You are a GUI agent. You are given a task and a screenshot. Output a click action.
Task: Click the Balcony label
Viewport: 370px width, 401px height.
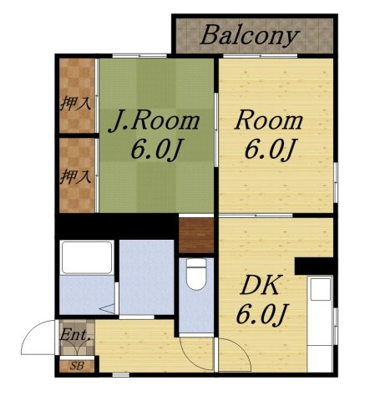coord(250,36)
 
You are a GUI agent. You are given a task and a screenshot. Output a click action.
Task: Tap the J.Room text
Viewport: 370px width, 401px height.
coord(154,121)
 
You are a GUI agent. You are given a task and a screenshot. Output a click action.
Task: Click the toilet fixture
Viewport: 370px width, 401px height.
coord(196,274)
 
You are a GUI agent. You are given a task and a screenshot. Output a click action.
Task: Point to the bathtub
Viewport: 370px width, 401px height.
coord(87,257)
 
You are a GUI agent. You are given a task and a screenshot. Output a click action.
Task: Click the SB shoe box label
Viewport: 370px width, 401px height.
coord(77,366)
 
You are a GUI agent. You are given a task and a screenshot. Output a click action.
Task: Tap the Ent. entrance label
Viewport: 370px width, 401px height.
coord(76,334)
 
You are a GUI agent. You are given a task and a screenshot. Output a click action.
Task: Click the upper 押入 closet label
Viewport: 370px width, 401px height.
coord(76,104)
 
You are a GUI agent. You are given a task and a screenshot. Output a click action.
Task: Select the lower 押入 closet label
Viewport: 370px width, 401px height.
coord(76,176)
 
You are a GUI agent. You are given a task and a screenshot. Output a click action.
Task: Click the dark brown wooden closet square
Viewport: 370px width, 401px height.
coord(196,236)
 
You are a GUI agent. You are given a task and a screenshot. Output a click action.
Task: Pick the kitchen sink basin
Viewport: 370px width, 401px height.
coord(321,289)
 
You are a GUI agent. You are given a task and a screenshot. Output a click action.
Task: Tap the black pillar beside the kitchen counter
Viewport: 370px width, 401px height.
coord(314,266)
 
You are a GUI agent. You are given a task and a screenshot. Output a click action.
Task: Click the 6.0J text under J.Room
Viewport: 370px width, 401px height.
coord(156,150)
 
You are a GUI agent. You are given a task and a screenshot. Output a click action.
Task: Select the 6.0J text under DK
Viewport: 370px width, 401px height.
coord(261,315)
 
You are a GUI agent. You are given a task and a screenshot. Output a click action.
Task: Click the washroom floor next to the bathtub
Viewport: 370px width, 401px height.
coord(147,277)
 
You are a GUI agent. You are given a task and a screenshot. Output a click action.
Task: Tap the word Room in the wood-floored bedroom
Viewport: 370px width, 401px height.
coord(268,121)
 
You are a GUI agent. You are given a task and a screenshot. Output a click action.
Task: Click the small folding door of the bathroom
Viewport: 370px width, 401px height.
coord(108,308)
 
